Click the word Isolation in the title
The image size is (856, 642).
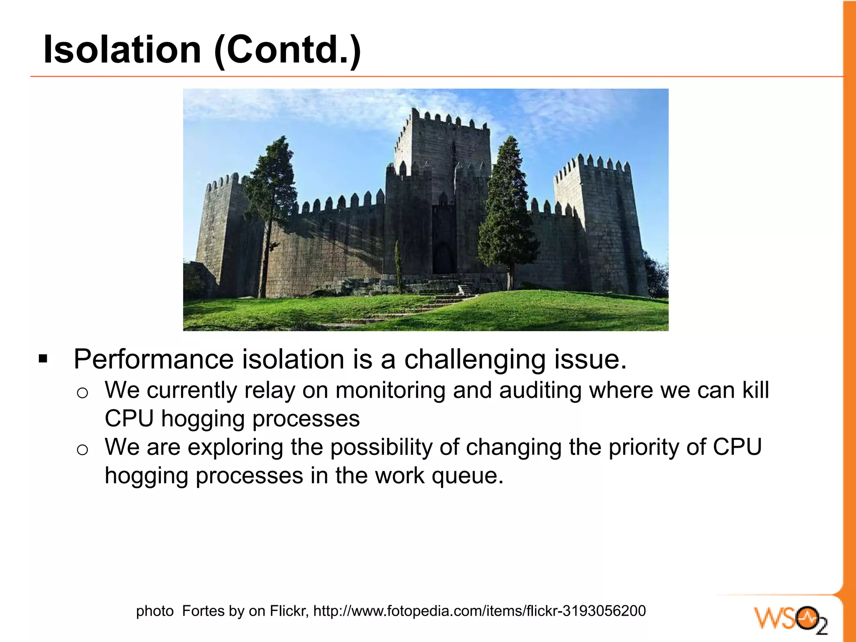click(x=122, y=49)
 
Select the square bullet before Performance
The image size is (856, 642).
click(x=43, y=358)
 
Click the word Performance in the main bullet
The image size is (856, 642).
click(x=153, y=359)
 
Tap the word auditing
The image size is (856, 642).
click(x=540, y=391)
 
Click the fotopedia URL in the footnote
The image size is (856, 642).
click(x=479, y=611)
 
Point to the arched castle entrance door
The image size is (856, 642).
click(x=443, y=259)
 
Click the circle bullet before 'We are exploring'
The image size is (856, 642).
click(x=82, y=450)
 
